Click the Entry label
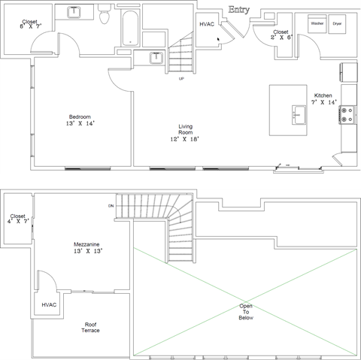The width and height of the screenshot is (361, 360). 239,10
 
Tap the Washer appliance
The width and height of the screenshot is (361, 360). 317,24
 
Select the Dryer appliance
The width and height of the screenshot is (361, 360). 337,24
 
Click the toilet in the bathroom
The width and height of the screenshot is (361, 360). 104,14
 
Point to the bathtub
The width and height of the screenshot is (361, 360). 130,28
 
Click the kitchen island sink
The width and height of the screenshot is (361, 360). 299,115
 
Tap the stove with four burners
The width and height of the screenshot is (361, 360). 347,115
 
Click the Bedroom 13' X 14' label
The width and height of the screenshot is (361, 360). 80,120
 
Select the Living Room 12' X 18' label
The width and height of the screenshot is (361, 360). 185,133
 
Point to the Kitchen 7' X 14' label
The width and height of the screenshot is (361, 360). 323,99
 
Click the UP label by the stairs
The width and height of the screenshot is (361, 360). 181,79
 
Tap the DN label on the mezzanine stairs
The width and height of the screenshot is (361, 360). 111,206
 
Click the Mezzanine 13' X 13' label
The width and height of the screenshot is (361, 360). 88,248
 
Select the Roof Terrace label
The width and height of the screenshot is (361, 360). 90,328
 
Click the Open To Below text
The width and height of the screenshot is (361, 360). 246,312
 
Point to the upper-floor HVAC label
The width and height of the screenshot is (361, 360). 49,305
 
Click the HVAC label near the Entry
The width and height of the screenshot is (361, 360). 207,24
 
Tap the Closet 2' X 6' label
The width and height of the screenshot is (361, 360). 281,35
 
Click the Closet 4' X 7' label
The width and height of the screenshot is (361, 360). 18,219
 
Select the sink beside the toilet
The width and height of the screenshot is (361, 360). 74,12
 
